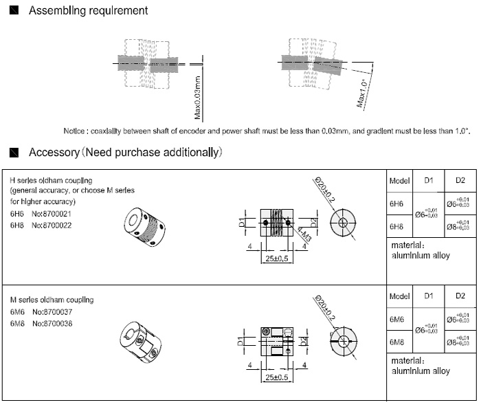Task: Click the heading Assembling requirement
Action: tap(88, 11)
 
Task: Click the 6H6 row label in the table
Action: tap(396, 204)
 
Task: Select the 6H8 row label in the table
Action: tap(396, 225)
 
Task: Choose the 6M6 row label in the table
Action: tap(396, 320)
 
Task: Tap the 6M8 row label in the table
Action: tap(396, 342)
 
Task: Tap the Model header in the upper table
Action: tap(399, 181)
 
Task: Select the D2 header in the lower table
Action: tap(460, 296)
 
